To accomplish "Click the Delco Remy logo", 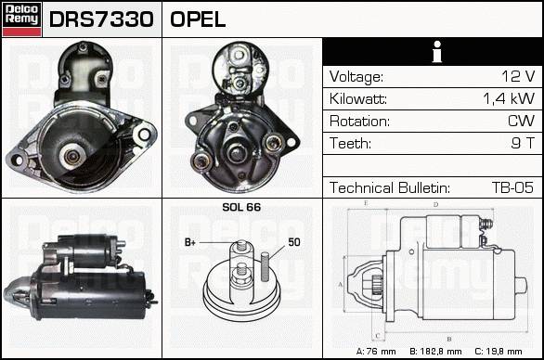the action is click(x=21, y=19).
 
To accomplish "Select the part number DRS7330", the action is click(x=101, y=19).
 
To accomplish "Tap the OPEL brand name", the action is click(x=198, y=19).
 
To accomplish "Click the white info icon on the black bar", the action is click(x=437, y=52).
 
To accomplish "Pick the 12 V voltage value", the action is click(x=518, y=76).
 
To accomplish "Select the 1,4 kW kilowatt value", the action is click(x=509, y=99).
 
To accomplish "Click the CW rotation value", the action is click(x=521, y=121).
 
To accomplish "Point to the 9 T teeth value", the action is click(x=524, y=143).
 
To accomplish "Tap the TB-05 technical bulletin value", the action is click(x=512, y=187).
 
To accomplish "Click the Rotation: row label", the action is click(x=359, y=122).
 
